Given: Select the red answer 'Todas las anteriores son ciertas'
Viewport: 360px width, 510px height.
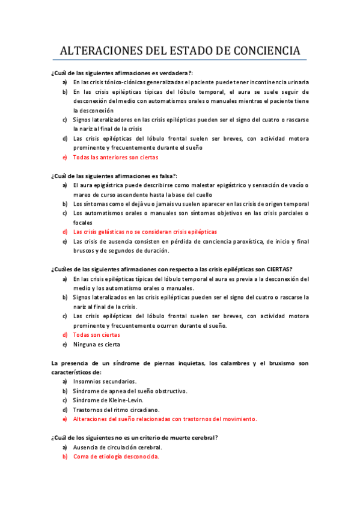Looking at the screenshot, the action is click(115, 157).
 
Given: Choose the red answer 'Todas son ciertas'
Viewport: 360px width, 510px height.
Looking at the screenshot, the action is click(96, 334).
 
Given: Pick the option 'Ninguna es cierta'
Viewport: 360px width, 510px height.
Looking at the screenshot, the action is click(96, 345).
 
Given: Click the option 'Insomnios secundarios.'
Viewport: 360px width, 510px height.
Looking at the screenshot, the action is click(105, 381).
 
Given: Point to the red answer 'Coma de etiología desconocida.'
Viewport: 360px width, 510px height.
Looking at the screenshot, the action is click(116, 456).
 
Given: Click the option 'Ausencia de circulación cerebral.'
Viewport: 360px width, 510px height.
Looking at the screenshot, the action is click(117, 447).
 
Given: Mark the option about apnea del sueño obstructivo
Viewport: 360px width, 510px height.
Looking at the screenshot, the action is click(130, 391).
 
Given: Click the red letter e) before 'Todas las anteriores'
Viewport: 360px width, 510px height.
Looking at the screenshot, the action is click(65, 157).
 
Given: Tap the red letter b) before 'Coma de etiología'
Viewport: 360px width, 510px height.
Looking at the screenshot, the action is click(65, 456).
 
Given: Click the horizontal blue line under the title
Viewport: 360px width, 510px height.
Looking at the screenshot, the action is click(180, 60).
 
